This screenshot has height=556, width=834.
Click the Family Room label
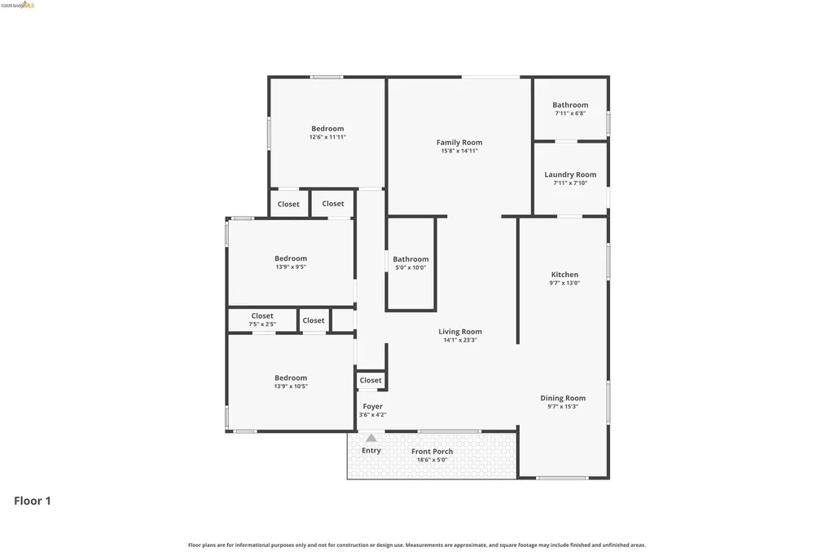pos(459,142)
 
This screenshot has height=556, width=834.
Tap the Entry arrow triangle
pos(371,439)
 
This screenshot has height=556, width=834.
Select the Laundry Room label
pos(570,174)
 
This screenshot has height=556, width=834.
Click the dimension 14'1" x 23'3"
pos(460,340)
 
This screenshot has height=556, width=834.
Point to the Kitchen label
pos(565,274)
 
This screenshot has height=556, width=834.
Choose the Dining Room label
pos(563,398)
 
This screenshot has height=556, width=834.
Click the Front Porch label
pos(432,451)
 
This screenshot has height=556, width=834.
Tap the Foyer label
pos(372,406)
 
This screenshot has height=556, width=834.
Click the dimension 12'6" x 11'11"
pos(327,137)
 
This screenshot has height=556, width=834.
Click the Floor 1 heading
pos(33,501)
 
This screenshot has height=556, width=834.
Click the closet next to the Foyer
pos(371,380)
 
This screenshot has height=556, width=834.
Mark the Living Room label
pos(460,331)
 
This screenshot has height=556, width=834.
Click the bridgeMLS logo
pos(18,5)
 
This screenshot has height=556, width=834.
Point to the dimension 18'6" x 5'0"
pos(432,460)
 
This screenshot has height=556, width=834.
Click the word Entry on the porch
pos(371,451)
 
